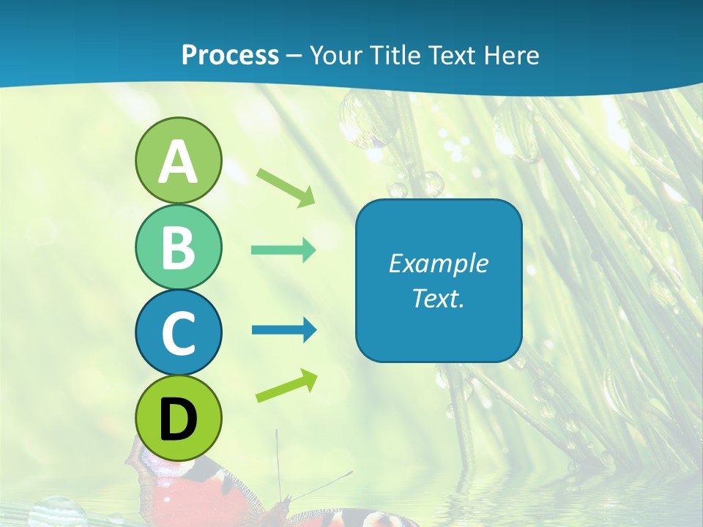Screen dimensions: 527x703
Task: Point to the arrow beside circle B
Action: [283, 250]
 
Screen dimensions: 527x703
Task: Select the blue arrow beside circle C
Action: [283, 330]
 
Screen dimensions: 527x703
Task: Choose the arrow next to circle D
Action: [286, 386]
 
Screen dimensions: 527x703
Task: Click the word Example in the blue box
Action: [438, 263]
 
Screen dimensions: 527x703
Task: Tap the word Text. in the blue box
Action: [438, 298]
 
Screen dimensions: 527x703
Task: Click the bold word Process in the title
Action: [230, 55]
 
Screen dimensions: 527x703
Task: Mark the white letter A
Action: [178, 162]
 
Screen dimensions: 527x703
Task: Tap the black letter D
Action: [178, 419]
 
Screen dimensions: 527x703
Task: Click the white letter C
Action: [178, 333]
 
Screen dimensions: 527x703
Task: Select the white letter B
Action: [178, 247]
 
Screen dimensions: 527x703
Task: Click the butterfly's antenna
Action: [278, 461]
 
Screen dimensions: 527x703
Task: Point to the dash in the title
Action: [294, 56]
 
